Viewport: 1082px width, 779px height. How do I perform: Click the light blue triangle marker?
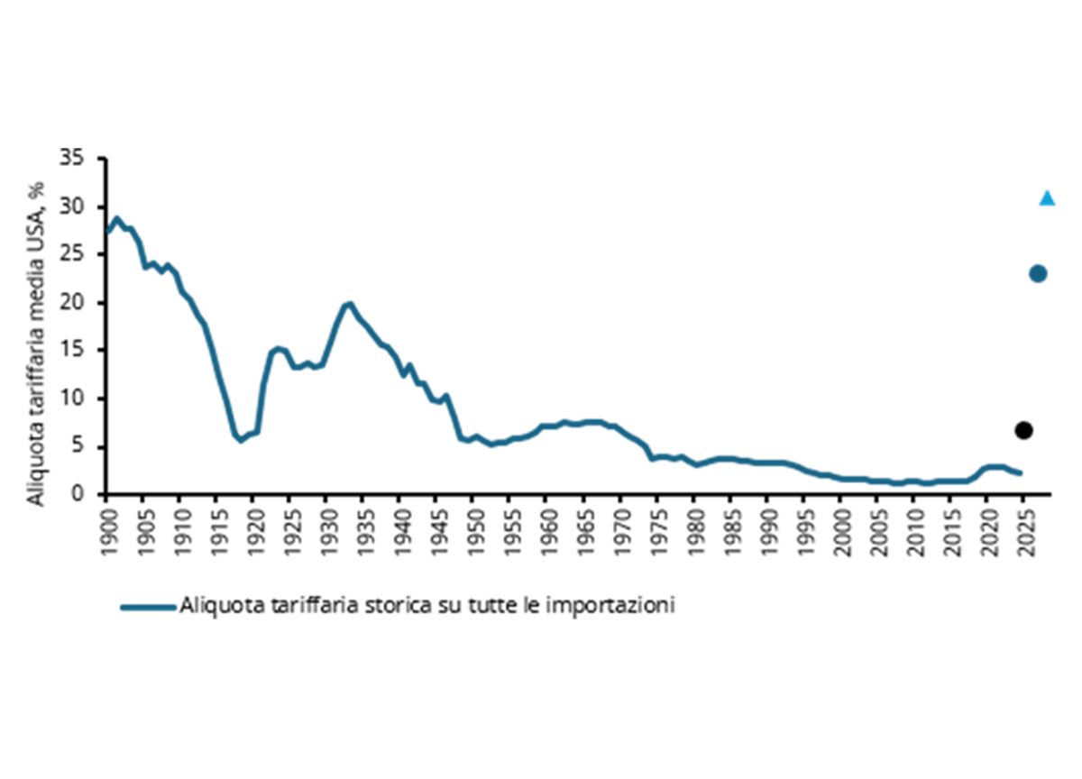1047,198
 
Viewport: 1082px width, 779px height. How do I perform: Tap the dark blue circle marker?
1038,274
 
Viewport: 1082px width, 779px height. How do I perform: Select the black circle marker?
1023,430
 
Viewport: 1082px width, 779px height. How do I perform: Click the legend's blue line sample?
149,607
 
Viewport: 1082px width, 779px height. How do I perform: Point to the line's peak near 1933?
349,303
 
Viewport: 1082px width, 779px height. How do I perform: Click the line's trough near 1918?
240,441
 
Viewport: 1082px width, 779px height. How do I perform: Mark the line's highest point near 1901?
115,218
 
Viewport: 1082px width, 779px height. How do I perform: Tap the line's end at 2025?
1021,472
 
